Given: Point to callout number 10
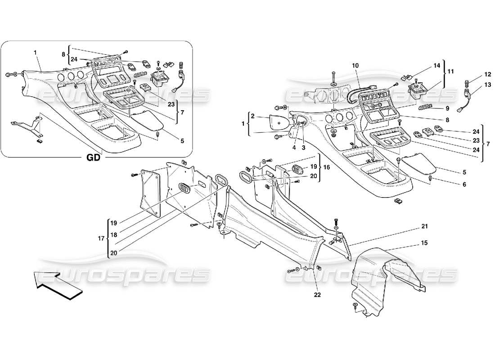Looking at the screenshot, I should pyautogui.click(x=355, y=66).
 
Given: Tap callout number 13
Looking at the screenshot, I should pyautogui.click(x=476, y=85).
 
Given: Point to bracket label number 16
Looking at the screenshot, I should pyautogui.click(x=327, y=167).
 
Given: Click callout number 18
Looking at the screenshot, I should pyautogui.click(x=114, y=235).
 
